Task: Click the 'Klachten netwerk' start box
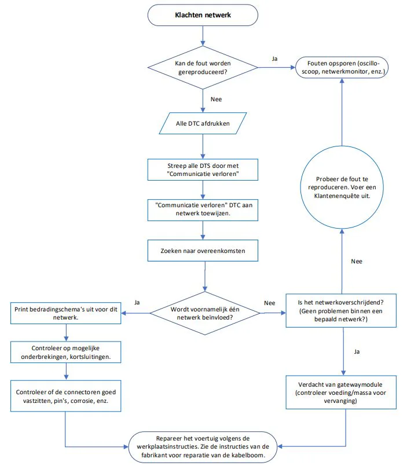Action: click(x=203, y=15)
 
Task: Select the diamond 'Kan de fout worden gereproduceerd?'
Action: click(x=203, y=68)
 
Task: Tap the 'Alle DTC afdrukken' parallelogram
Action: click(x=203, y=123)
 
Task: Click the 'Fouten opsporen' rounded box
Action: click(x=342, y=68)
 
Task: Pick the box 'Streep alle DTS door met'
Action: click(x=203, y=170)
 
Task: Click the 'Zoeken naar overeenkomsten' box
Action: click(x=203, y=251)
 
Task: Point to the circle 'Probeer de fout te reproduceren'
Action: click(x=342, y=187)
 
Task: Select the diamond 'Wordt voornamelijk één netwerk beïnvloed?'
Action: click(x=205, y=313)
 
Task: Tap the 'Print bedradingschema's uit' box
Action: click(x=65, y=313)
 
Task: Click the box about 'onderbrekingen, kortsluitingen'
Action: click(x=65, y=352)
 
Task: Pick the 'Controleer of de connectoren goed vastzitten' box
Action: click(x=65, y=396)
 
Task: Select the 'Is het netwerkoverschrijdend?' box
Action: click(x=341, y=310)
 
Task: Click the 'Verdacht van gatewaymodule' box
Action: click(x=341, y=392)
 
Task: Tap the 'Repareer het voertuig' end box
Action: click(x=203, y=447)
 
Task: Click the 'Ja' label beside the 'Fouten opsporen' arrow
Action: click(x=274, y=59)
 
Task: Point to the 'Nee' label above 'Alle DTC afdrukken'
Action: click(x=216, y=99)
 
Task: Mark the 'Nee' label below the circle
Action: click(x=357, y=261)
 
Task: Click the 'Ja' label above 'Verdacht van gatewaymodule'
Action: click(x=357, y=351)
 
